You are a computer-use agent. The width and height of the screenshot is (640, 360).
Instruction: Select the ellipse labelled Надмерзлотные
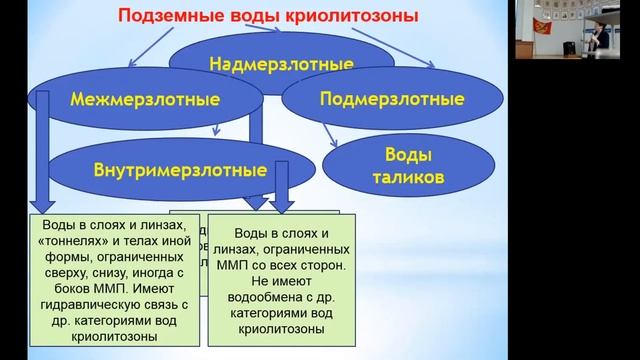pyautogui.click(x=281, y=63)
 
